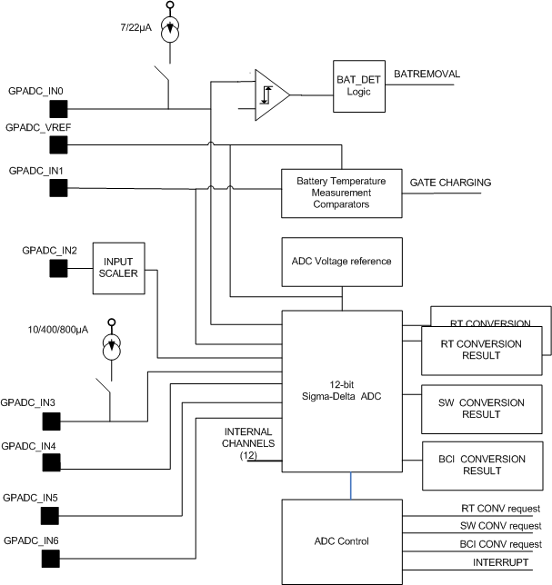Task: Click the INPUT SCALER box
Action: click(118, 269)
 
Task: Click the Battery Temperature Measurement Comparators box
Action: click(339, 193)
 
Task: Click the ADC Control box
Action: click(341, 541)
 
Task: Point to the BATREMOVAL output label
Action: click(427, 74)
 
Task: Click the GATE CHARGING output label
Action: click(451, 183)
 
